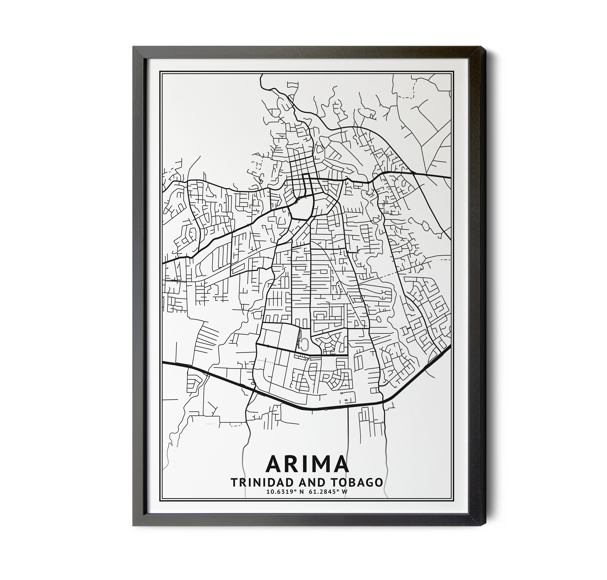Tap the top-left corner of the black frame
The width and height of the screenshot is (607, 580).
coord(134,47)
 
